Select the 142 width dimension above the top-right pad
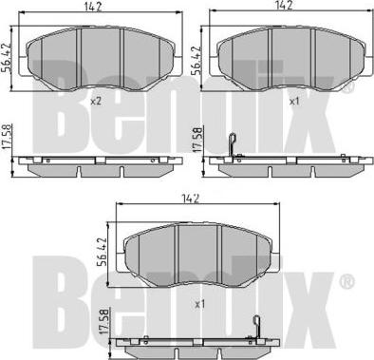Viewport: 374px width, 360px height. pyautogui.click(x=284, y=6)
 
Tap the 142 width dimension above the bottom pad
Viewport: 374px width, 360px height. pyautogui.click(x=191, y=199)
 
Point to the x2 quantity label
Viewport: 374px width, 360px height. pyautogui.click(x=96, y=102)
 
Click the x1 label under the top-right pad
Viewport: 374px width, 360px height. pyautogui.click(x=294, y=102)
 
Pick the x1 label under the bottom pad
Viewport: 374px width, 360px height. pyautogui.click(x=200, y=305)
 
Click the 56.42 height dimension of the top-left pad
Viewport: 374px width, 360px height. pyautogui.click(x=7, y=59)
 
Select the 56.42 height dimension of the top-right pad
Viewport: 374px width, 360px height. pyautogui.click(x=196, y=61)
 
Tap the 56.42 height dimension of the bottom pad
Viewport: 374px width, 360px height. pyautogui.click(x=103, y=253)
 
